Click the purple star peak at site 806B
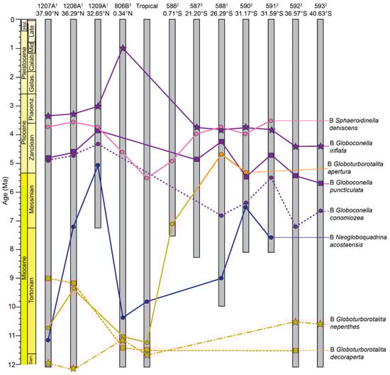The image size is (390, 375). [123, 48]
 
